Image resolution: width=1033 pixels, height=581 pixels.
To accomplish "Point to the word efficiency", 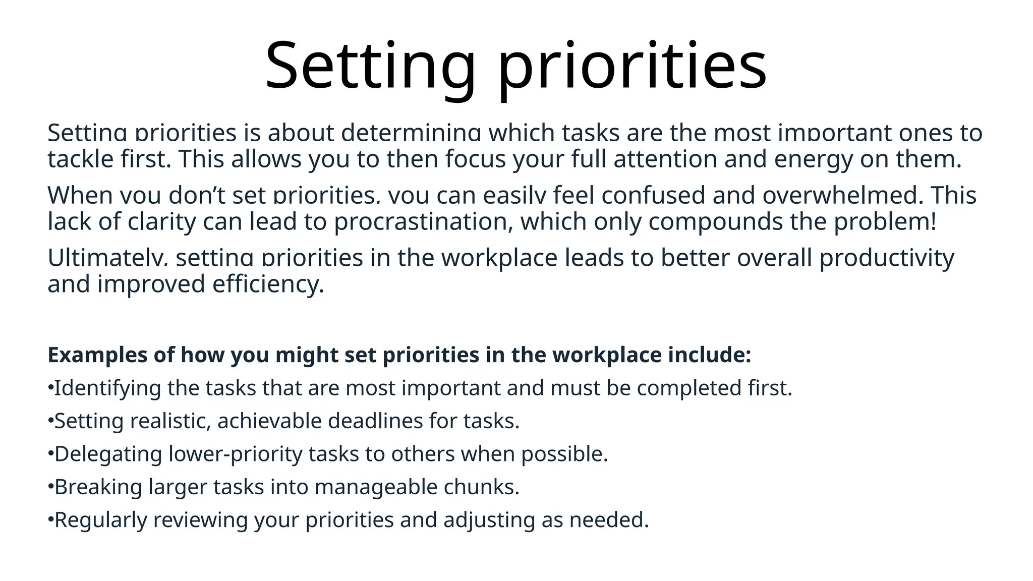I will (x=268, y=284).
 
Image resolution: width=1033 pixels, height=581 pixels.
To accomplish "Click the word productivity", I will (x=887, y=258).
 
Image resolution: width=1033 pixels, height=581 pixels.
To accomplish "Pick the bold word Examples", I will (x=97, y=355).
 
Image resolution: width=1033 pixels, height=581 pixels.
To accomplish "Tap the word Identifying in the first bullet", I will (x=107, y=388).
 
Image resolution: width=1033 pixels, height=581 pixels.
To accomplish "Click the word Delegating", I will (x=108, y=454).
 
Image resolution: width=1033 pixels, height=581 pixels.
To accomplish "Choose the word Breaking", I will (x=98, y=487).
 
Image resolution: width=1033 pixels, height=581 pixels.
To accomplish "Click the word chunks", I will (x=481, y=487).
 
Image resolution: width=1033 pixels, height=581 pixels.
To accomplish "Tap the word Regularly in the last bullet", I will (x=100, y=520).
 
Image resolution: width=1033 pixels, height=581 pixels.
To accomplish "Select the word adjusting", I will (x=489, y=520).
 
